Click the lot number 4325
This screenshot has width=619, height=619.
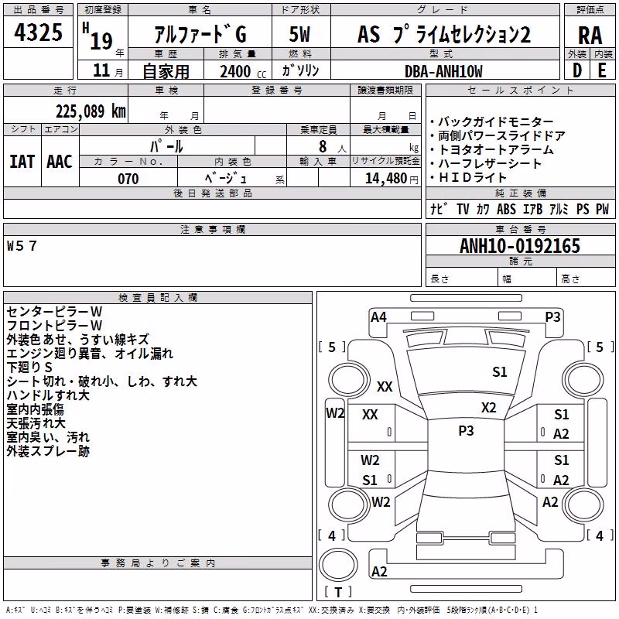pos(38,32)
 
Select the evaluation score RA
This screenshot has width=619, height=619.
pos(590,35)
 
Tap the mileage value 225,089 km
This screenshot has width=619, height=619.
pos(91,111)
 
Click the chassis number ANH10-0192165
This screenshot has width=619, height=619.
pos(520,245)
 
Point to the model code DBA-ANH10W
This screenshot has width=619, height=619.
pos(443,71)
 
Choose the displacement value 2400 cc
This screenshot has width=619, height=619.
pos(243,71)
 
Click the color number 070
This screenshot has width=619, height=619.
pos(128,179)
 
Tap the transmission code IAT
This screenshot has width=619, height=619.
pos(22,162)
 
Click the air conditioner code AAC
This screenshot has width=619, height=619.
pos(60,162)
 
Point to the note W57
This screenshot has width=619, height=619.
pos(22,246)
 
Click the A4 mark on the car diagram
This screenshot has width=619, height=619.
pos(378,316)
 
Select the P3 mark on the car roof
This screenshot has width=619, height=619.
pos(466,430)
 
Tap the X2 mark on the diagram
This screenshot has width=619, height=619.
pos(488,408)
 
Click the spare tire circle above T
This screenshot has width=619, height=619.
pos(338,565)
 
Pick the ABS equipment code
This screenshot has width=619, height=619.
pos(506,209)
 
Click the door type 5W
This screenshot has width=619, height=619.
pos(299,34)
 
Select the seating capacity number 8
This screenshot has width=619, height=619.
pos(323,146)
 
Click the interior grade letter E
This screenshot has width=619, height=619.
pos(602,70)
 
